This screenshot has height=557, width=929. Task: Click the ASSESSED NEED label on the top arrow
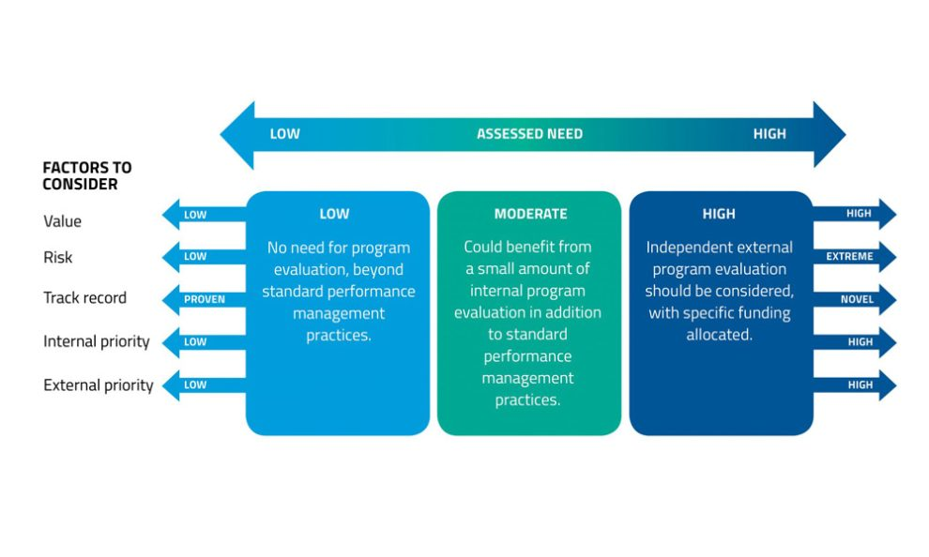coord(529,134)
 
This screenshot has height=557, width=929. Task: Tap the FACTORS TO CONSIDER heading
coord(87,176)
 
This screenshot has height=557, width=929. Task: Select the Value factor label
coord(63,221)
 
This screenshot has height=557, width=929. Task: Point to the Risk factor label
coord(58,257)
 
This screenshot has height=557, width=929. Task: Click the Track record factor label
coord(84,298)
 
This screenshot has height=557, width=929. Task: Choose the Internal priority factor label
coord(97,341)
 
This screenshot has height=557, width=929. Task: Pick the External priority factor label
coord(99,385)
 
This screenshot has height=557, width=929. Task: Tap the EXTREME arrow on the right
coord(853,256)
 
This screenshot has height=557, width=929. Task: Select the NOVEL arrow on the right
coord(853,300)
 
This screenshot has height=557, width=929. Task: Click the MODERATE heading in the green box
coord(530,214)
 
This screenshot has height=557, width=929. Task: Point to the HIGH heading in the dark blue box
coord(719,214)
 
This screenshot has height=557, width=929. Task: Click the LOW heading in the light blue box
coord(334,214)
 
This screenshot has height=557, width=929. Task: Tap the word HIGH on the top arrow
coord(769,134)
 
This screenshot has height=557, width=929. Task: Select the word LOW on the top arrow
coord(285,134)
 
